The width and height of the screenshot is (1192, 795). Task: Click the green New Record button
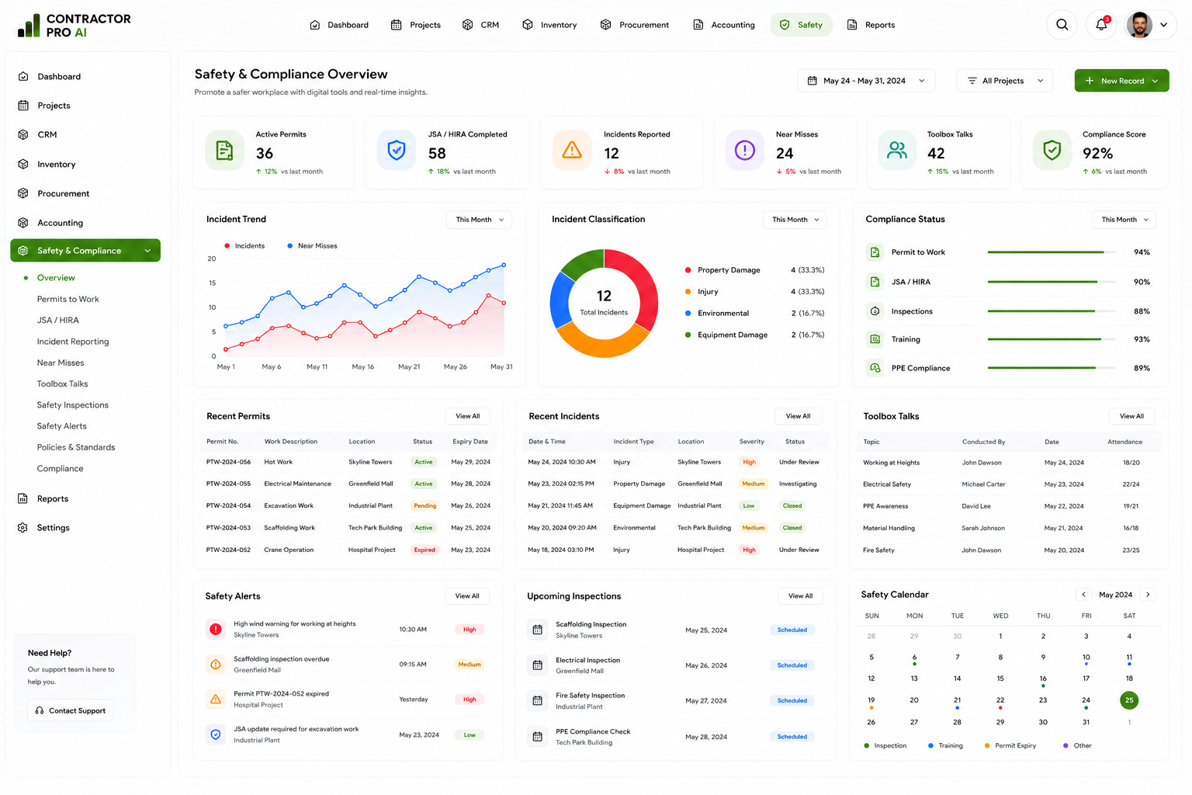1121,81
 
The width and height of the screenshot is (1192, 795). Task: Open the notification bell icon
1101,25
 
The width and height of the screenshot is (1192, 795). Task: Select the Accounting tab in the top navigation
724,25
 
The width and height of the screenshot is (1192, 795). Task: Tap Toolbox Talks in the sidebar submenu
62,384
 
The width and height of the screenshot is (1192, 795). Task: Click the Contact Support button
71,710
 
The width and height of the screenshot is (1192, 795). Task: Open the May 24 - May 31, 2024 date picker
866,81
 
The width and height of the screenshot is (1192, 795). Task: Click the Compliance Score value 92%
1097,154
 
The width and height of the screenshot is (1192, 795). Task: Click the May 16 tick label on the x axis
363,367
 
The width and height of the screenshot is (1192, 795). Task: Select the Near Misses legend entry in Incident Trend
312,245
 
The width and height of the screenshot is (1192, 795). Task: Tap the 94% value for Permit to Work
1142,252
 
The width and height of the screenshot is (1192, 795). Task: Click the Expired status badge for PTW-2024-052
424,550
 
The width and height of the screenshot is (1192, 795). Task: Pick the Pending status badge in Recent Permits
424,505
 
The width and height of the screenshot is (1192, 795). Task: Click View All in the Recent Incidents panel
798,416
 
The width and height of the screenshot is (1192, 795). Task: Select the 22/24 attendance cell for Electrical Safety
1131,484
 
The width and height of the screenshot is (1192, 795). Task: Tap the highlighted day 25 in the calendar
1128,700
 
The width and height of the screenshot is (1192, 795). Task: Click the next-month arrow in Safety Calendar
1148,594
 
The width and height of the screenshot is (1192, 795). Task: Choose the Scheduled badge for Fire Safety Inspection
792,701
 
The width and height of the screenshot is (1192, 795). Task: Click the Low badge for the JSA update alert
470,734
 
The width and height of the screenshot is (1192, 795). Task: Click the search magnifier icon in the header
1062,25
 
